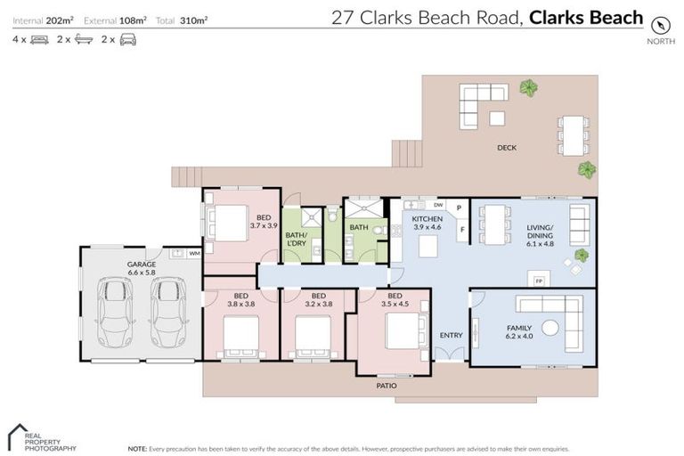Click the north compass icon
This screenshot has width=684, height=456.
coord(659,24)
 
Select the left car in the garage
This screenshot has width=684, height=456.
coord(114,311)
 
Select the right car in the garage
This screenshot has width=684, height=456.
coord(167,311)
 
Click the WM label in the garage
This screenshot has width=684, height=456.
coord(194,254)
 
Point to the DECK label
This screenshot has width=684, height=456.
coord(507,148)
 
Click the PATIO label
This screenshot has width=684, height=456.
coord(387,386)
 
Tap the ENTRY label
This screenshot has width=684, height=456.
coord(451,335)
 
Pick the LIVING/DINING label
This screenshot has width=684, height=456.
coord(540,232)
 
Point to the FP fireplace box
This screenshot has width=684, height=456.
coord(538,281)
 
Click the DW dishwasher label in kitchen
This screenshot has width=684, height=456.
coord(438,205)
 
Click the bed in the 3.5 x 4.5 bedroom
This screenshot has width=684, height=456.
coord(406,331)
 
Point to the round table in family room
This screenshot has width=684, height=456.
coord(550,327)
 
